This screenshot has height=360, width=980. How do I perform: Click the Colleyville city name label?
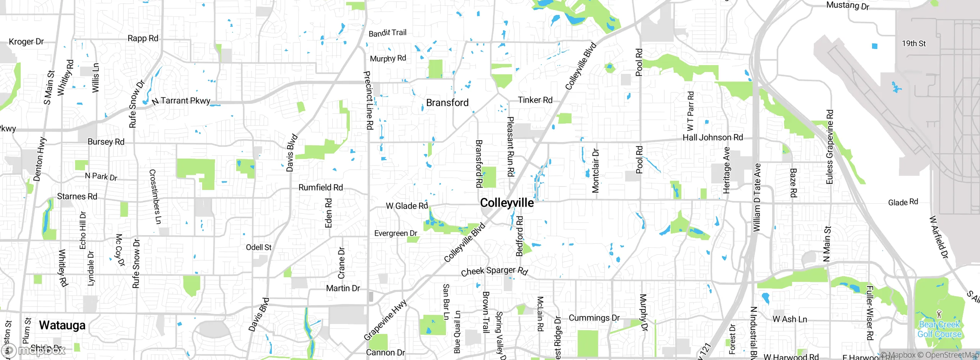[506, 203]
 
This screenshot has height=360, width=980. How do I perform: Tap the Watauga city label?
[62, 326]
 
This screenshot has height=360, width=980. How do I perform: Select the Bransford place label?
[447, 103]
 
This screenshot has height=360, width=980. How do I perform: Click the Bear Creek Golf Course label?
[939, 329]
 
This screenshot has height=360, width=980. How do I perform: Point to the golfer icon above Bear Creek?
[939, 314]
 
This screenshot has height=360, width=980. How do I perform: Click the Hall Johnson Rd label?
[712, 137]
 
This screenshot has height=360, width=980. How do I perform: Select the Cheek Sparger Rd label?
[494, 271]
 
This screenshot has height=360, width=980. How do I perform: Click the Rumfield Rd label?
[320, 188]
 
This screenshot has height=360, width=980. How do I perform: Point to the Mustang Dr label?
[848, 5]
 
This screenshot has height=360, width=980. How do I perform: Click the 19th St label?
[913, 44]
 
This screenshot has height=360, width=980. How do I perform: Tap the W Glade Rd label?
[407, 206]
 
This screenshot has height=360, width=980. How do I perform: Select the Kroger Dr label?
[26, 41]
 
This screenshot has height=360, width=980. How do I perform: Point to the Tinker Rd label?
[535, 100]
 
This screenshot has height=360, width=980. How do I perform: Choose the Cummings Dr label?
[594, 318]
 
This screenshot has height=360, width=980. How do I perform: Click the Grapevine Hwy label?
[385, 320]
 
